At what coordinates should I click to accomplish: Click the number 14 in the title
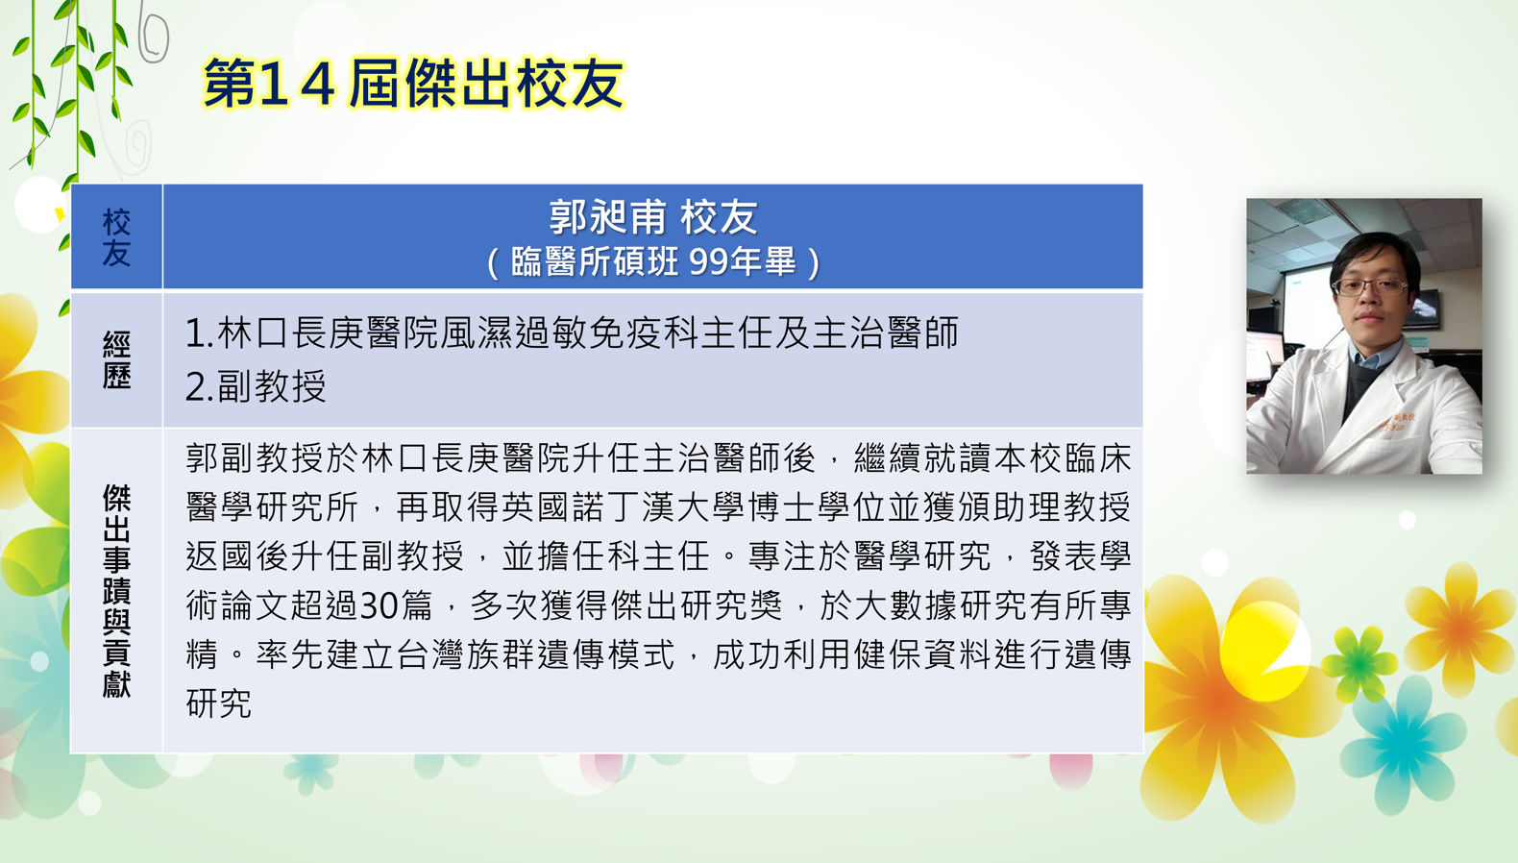[296, 84]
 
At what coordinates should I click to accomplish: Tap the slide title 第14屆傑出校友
[413, 83]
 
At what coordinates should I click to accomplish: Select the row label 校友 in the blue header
[116, 237]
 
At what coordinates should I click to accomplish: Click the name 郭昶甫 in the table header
[607, 217]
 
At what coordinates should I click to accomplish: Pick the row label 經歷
[116, 359]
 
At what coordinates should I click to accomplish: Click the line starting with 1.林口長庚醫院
[572, 333]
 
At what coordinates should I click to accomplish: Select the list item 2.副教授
[256, 386]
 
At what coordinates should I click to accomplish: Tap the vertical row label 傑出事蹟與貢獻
[116, 590]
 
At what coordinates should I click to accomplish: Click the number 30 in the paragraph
[379, 605]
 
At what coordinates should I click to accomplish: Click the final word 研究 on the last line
[219, 703]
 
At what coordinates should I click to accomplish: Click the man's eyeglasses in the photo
[1370, 286]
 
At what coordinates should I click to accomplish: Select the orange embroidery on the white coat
[1399, 423]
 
